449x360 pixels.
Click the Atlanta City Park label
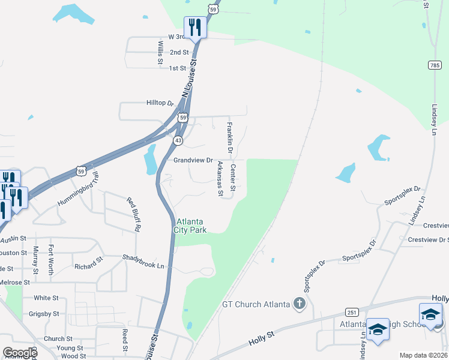(x=190, y=226)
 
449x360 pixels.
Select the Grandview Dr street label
(x=193, y=160)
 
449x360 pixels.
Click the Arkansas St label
(x=220, y=179)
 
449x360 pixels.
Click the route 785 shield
(x=435, y=65)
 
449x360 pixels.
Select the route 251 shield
(x=352, y=313)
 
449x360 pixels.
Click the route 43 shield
(x=178, y=140)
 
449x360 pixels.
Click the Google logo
(x=20, y=353)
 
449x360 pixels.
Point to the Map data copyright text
(x=423, y=355)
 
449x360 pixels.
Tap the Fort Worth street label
(x=52, y=260)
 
